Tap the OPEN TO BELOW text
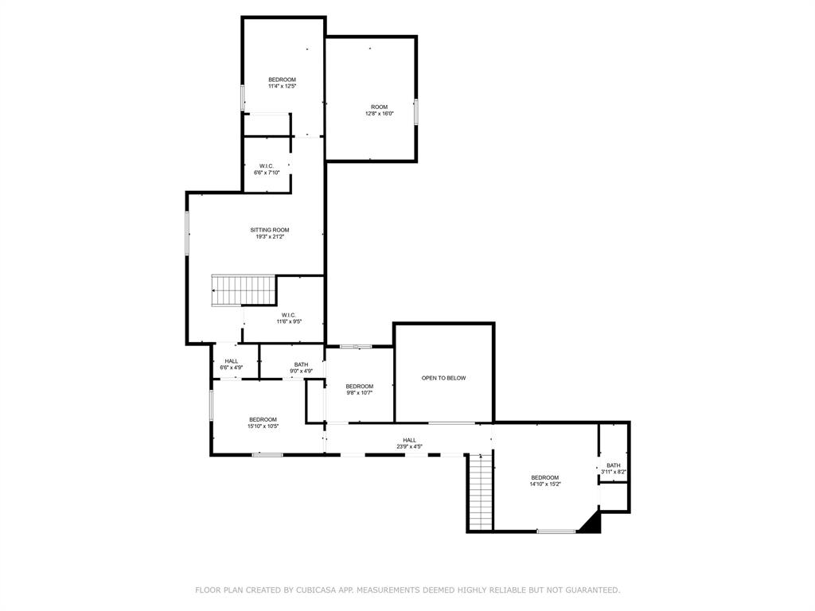[x=443, y=378]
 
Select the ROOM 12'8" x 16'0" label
[x=379, y=110]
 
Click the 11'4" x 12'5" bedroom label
[x=282, y=83]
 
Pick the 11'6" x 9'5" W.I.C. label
[x=288, y=318]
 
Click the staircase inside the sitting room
[x=244, y=290]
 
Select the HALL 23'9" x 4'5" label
[x=409, y=443]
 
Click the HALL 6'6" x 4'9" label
[x=232, y=364]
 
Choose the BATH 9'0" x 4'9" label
[x=301, y=368]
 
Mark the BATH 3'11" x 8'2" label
[x=614, y=469]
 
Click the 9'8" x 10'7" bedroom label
[x=359, y=389]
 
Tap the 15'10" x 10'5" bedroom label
[x=263, y=422]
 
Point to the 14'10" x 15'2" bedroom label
[x=545, y=481]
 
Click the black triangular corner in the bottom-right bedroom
[x=592, y=524]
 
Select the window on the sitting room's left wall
[x=187, y=233]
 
